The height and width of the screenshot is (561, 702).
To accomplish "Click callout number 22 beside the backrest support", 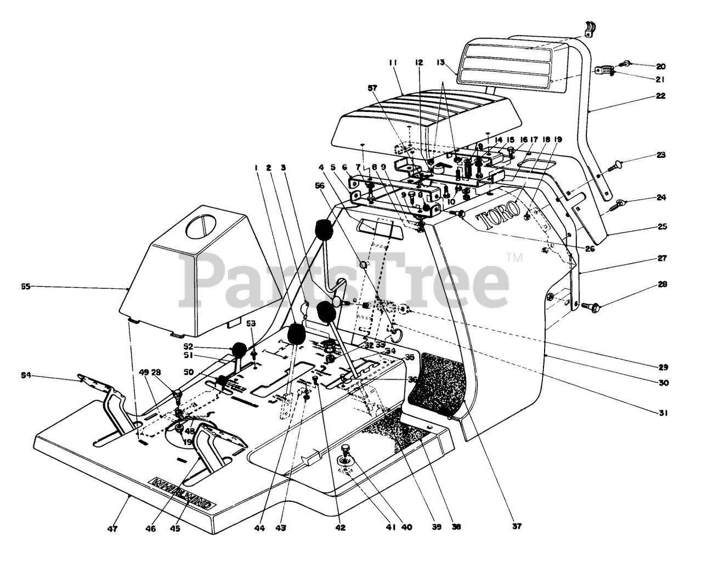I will tap(660, 95).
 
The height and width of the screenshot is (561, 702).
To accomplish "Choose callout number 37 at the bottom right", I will tap(517, 527).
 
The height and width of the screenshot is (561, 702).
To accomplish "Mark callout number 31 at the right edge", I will tap(663, 414).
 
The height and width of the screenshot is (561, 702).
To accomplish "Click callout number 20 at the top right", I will tap(660, 66).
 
